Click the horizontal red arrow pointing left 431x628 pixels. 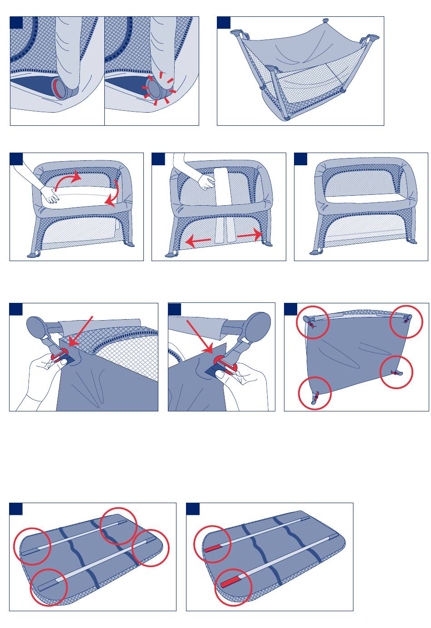(198, 241)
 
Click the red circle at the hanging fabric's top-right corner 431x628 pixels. (407, 321)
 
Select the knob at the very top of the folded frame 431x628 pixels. (325, 21)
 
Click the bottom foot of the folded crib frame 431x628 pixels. (286, 119)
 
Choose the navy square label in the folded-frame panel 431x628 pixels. (223, 23)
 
